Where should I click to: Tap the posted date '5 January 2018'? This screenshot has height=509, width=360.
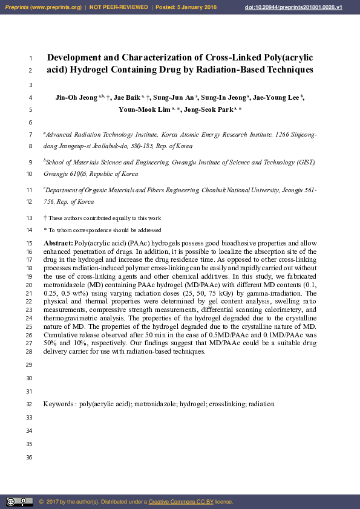(x=196, y=7)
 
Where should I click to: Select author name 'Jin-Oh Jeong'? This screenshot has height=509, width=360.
(x=77, y=97)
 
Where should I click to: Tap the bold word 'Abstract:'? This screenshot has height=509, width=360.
(x=58, y=242)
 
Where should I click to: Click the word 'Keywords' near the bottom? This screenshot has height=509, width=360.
(x=59, y=404)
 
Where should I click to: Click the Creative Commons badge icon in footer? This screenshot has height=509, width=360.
(x=19, y=502)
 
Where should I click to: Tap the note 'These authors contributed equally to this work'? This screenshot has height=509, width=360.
(x=105, y=218)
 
